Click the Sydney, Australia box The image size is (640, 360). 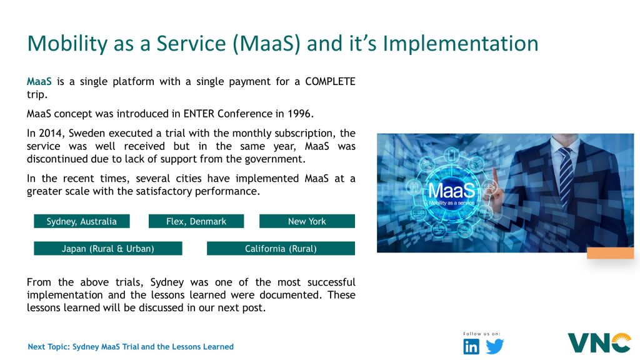[82, 221]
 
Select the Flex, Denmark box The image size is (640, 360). [196, 221]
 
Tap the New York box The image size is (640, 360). [307, 221]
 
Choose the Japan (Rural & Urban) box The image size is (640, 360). [107, 249]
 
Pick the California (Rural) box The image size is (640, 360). [281, 249]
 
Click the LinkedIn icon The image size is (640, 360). [471, 346]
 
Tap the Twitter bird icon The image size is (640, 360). [495, 346]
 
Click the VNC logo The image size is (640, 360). [599, 343]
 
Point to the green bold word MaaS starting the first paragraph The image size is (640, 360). [39, 82]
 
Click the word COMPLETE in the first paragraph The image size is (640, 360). [330, 82]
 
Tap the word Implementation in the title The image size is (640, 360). [461, 43]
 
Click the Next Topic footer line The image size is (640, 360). [131, 346]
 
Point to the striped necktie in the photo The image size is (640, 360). [566, 176]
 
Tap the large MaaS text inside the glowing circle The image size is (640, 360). [451, 190]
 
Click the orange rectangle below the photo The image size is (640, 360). [610, 253]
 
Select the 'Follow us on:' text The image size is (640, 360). [482, 334]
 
